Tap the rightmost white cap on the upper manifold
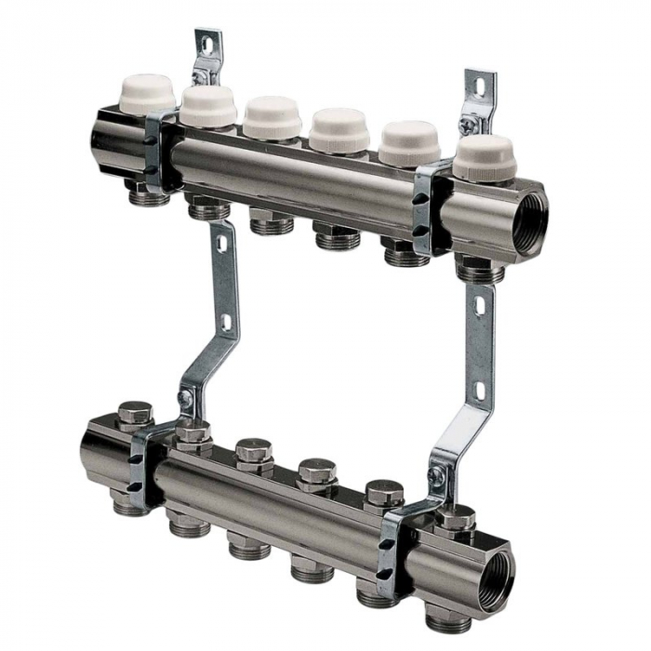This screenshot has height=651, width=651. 485,156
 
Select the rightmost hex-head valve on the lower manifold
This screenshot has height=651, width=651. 455,519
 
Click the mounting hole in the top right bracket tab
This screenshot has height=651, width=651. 480,86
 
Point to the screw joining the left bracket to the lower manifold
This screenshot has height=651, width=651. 185,398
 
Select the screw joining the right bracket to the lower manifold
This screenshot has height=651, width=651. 435,476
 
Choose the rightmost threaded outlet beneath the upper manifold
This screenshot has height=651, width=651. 481,271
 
